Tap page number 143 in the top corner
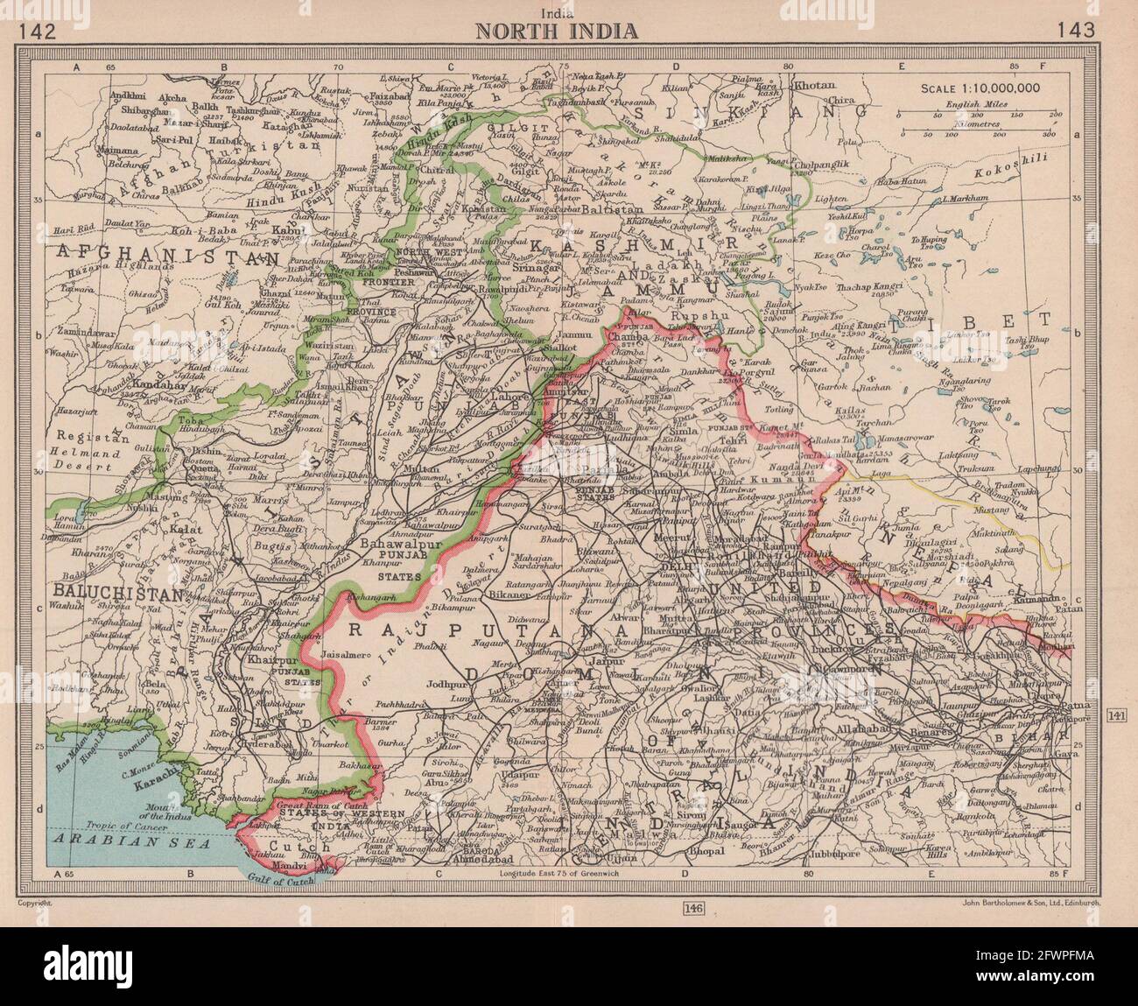point(1075,32)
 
